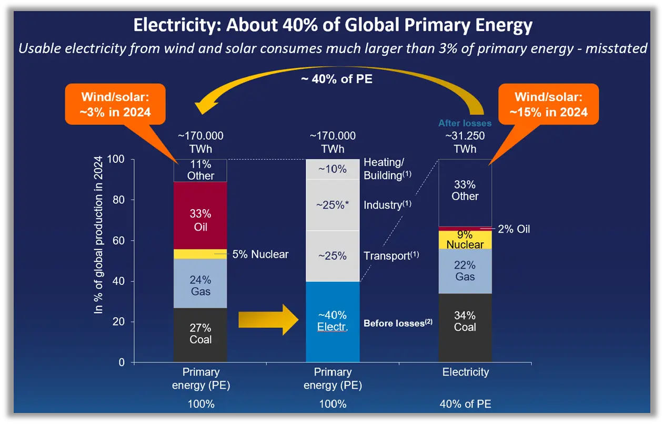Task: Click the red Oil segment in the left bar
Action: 200,220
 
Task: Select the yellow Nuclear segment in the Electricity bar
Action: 465,240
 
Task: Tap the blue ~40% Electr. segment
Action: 333,322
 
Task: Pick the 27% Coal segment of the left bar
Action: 200,334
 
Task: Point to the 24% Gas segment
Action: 200,285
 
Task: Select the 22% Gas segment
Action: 465,271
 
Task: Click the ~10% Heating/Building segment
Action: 333,169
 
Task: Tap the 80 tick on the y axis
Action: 120,200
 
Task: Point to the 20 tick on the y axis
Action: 120,322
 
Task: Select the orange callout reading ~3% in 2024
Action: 115,104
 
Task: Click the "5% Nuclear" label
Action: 260,254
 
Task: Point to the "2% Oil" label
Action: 514,229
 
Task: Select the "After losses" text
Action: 465,123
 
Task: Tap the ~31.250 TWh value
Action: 465,142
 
